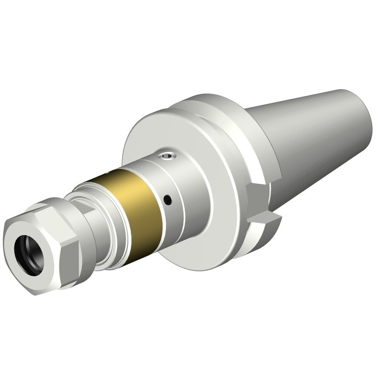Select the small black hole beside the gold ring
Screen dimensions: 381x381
(168, 199)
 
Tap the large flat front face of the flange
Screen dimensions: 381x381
(147, 134)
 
